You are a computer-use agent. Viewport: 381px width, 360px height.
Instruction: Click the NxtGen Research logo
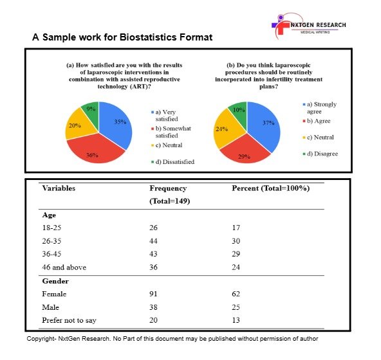pos(308,26)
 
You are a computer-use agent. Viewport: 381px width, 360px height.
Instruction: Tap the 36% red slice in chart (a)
pos(95,150)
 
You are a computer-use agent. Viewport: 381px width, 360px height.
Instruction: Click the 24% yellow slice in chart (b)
pos(226,130)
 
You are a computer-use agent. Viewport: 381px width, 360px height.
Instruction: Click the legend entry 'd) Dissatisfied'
pos(172,161)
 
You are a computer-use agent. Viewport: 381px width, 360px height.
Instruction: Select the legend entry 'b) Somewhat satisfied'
pos(171,132)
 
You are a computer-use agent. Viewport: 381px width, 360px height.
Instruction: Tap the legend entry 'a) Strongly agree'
pos(320,108)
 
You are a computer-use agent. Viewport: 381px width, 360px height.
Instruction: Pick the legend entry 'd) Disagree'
pos(321,154)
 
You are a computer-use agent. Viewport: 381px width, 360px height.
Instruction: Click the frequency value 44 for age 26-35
pos(153,241)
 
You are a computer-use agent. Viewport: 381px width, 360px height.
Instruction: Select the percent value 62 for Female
pos(236,294)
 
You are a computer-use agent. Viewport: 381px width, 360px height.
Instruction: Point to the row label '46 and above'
pos(64,267)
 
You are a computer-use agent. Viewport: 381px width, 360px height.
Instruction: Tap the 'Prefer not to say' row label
pos(70,320)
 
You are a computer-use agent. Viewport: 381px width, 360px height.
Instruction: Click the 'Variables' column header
pos(59,188)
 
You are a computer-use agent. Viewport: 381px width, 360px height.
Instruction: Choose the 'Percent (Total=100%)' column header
pos(271,188)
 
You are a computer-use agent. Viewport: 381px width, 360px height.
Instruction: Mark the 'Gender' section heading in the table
pos(55,281)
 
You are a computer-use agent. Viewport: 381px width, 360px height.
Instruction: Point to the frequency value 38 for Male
pos(153,307)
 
